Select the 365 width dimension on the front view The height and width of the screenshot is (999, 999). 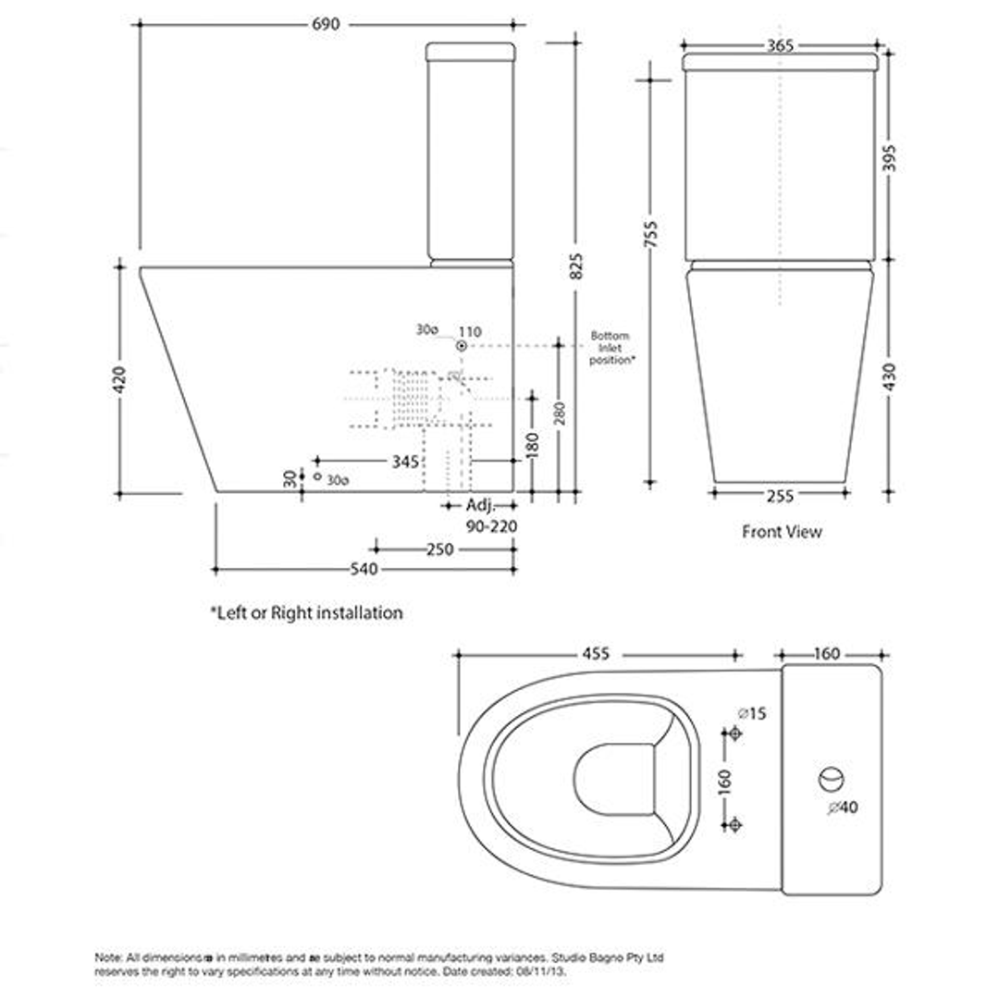(780, 45)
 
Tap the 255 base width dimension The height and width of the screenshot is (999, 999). (780, 495)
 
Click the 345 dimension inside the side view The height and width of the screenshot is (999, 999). (405, 460)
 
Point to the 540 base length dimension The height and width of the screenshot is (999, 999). (364, 570)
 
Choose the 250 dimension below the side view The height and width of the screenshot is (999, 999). (439, 549)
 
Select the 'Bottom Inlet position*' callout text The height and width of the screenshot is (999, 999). (611, 348)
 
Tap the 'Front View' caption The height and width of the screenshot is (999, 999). (782, 532)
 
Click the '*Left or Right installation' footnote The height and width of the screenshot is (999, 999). (306, 612)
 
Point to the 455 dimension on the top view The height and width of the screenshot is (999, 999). (597, 654)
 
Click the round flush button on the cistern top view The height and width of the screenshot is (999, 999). (830, 779)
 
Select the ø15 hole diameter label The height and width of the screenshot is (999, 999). (752, 713)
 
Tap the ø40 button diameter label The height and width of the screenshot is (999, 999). (843, 808)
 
